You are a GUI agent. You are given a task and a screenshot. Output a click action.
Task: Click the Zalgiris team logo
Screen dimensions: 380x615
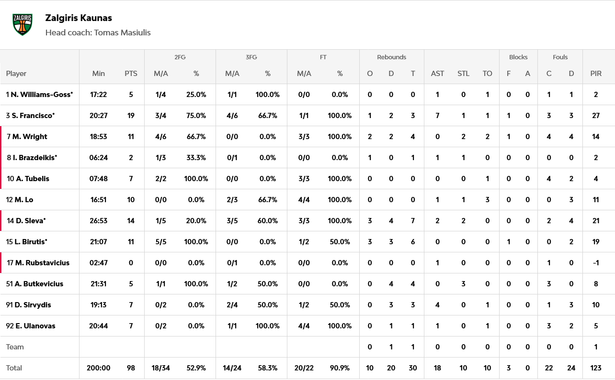(x=23, y=24)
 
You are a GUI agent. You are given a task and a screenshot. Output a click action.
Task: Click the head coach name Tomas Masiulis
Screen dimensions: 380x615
(x=122, y=33)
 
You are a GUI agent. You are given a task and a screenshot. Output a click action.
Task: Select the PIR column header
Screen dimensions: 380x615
(x=596, y=74)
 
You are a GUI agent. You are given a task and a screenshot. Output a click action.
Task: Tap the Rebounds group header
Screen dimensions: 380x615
(x=391, y=57)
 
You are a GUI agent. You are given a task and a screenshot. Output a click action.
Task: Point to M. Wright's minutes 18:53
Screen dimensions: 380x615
(x=98, y=137)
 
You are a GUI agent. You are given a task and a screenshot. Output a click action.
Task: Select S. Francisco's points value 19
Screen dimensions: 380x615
(x=131, y=116)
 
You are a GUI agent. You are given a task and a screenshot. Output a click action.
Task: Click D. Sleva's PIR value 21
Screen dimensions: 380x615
(x=596, y=221)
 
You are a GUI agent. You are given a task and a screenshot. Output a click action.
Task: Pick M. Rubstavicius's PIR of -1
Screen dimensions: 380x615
(x=596, y=263)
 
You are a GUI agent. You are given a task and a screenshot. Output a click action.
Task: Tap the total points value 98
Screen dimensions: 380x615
(x=131, y=368)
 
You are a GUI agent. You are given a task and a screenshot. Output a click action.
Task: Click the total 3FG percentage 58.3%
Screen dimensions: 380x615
(x=268, y=368)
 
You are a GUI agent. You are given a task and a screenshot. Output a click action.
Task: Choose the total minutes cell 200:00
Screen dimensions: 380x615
(x=98, y=368)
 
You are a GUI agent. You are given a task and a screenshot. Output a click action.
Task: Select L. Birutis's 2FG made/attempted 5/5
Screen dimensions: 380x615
(x=160, y=242)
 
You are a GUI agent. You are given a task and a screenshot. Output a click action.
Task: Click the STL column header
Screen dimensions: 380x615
(x=463, y=74)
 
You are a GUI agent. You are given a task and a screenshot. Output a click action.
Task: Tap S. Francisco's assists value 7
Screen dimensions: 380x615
(x=437, y=116)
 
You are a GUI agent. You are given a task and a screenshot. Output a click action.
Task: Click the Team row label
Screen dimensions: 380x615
(x=15, y=347)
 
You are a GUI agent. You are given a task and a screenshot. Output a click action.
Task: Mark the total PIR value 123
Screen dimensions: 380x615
(x=596, y=368)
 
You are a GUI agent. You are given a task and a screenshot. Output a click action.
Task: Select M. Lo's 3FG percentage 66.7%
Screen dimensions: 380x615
(x=268, y=200)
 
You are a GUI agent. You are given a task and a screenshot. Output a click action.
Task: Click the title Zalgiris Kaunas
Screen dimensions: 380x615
(x=79, y=18)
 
